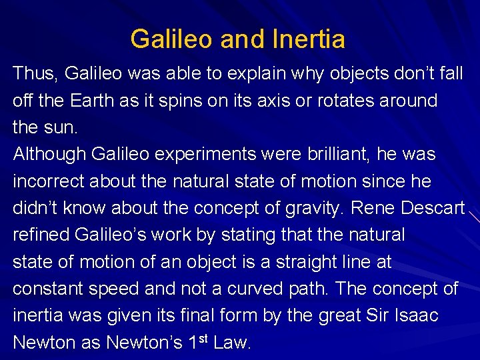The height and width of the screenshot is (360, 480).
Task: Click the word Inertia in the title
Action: coord(309,39)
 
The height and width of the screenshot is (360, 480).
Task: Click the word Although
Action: coord(49,154)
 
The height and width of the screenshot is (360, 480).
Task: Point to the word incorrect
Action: coord(49,181)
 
